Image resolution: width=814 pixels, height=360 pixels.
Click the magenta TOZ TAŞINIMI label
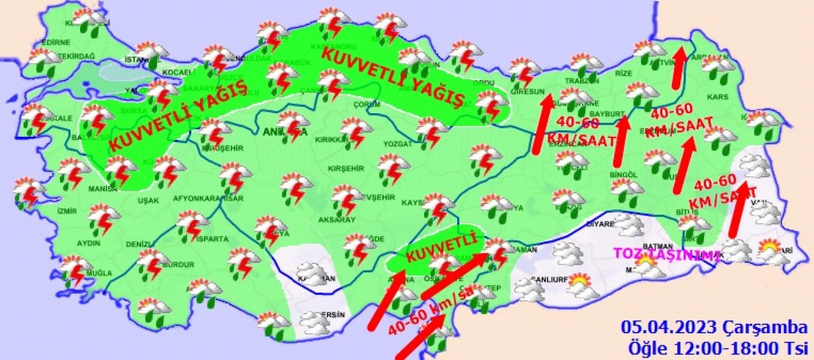click(x=666, y=254)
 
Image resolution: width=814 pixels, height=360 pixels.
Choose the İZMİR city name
click(x=67, y=211)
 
